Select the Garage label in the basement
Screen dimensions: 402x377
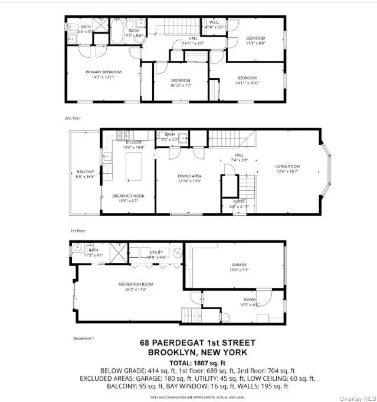239,265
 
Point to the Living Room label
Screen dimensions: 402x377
287,166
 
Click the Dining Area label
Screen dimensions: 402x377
189,176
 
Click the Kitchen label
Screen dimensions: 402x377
133,142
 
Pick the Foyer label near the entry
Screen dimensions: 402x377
238,202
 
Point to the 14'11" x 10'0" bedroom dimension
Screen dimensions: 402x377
247,83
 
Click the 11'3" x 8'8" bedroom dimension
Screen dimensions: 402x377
256,43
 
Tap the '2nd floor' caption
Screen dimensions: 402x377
73,118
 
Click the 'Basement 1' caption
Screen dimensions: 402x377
83,338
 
